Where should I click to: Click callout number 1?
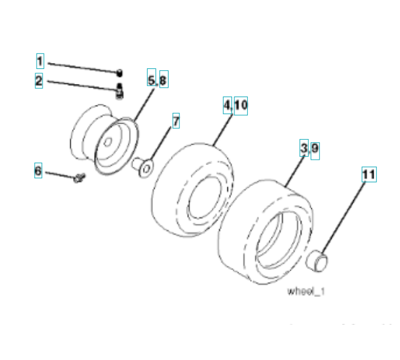(x=40, y=61)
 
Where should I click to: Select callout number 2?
(x=39, y=81)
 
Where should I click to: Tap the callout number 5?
(x=152, y=79)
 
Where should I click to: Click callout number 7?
(x=176, y=121)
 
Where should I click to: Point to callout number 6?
(x=38, y=171)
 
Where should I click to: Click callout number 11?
(x=368, y=175)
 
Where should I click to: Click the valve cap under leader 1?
(x=119, y=73)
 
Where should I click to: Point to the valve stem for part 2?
(x=119, y=90)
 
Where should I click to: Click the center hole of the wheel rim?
(x=108, y=143)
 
